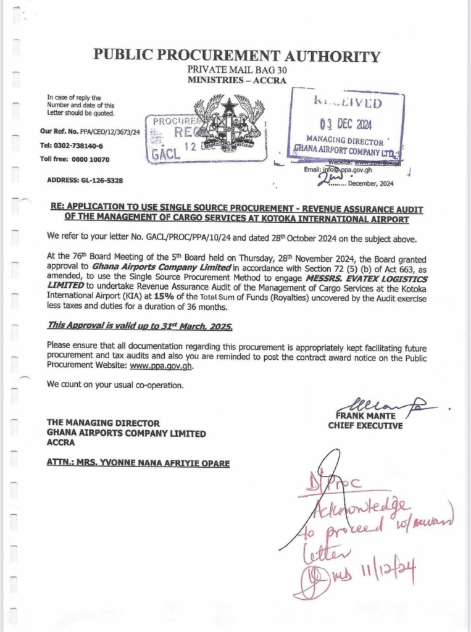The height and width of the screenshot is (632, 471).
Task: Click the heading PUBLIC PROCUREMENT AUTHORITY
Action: [x=236, y=56]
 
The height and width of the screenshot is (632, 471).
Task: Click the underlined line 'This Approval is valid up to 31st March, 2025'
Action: [x=140, y=326]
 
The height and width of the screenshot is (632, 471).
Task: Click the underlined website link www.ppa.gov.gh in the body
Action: [x=160, y=366]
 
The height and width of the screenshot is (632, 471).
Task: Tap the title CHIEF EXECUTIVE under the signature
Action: [x=365, y=426]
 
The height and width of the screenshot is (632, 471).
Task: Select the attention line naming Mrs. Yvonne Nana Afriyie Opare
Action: [x=138, y=463]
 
